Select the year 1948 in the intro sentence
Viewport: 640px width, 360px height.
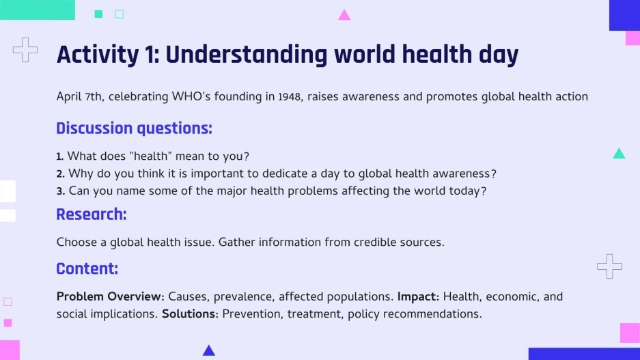(290, 96)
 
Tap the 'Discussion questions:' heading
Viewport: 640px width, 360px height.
(134, 128)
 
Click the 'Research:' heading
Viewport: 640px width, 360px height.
(92, 214)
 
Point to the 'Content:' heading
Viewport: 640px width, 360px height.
(87, 268)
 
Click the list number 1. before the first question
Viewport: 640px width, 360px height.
(60, 156)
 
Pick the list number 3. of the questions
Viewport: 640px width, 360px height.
(60, 191)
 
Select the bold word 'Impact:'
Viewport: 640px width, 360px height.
(419, 296)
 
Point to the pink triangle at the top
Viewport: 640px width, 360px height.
(344, 14)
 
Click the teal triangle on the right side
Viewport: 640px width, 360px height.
(619, 154)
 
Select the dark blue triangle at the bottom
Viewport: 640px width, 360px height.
(209, 350)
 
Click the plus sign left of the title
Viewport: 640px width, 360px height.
(25, 50)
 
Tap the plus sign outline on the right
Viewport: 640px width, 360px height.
(609, 266)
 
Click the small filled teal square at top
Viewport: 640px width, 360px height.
(98, 14)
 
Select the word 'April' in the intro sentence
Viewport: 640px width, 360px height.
(69, 96)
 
